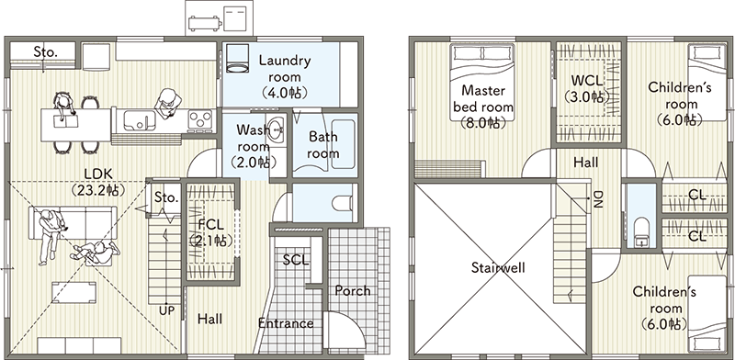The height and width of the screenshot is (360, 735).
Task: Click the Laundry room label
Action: pyautogui.click(x=284, y=76)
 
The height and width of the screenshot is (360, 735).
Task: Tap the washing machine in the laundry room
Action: pyautogui.click(x=238, y=58)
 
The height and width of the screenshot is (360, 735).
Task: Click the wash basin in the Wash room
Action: pyautogui.click(x=277, y=128)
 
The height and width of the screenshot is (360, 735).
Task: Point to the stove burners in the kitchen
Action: pyautogui.click(x=200, y=120)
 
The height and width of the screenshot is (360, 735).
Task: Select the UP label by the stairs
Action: pyautogui.click(x=166, y=309)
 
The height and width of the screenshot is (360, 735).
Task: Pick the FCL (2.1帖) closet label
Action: pyautogui.click(x=210, y=232)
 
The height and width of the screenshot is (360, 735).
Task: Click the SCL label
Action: pyautogui.click(x=296, y=260)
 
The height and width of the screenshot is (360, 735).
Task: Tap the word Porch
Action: pyautogui.click(x=353, y=291)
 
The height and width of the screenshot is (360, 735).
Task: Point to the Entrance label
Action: pyautogui.click(x=286, y=323)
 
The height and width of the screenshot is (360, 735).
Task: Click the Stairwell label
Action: pyautogui.click(x=498, y=268)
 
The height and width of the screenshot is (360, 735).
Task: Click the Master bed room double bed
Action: pyautogui.click(x=482, y=82)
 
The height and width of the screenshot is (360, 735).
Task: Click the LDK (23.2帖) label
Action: pyautogui.click(x=98, y=182)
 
